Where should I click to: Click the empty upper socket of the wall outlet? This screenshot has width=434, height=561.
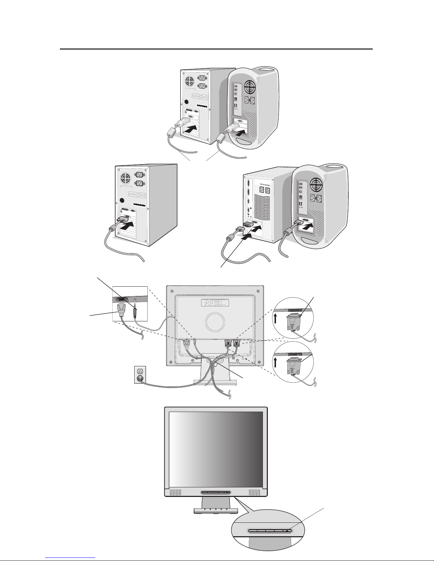[x=140, y=371]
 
